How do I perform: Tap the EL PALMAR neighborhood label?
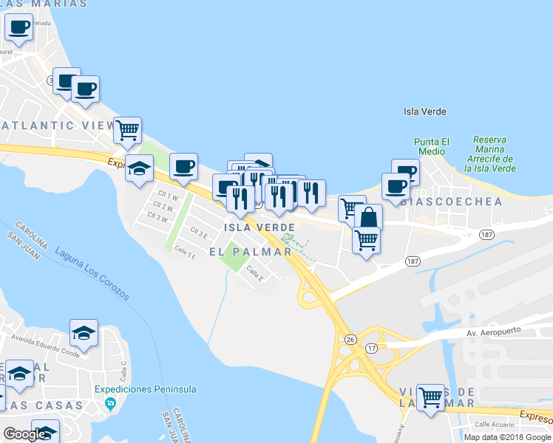[x=250, y=252]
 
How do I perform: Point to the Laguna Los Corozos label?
[x=91, y=273]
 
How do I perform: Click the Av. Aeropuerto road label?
[x=495, y=333]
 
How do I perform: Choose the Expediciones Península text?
[x=146, y=389]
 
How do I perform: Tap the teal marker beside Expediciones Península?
[x=111, y=403]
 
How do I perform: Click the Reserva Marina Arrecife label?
[x=493, y=154]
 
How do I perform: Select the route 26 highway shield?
[x=349, y=339]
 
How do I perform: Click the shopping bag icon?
[x=368, y=217]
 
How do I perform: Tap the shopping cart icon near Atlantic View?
[x=128, y=129]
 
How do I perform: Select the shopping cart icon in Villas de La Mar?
[x=430, y=396]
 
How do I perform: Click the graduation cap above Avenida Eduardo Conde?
[x=84, y=332]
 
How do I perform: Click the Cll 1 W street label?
[x=166, y=197]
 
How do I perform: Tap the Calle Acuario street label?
[x=493, y=425]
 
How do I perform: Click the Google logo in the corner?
[x=25, y=434]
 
